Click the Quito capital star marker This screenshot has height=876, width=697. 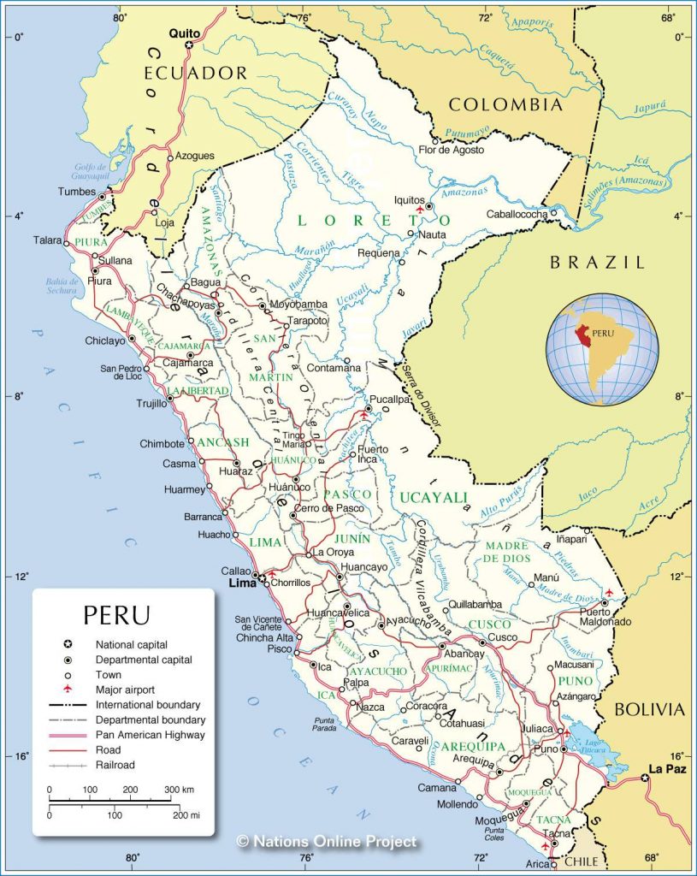(x=190, y=44)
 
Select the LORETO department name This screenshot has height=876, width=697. (x=373, y=221)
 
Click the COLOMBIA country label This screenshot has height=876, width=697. (x=505, y=105)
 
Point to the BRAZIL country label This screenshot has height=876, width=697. (x=597, y=263)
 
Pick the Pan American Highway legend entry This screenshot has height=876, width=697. (x=150, y=735)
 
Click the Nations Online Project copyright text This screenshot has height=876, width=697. (x=328, y=842)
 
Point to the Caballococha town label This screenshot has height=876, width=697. (x=516, y=214)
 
